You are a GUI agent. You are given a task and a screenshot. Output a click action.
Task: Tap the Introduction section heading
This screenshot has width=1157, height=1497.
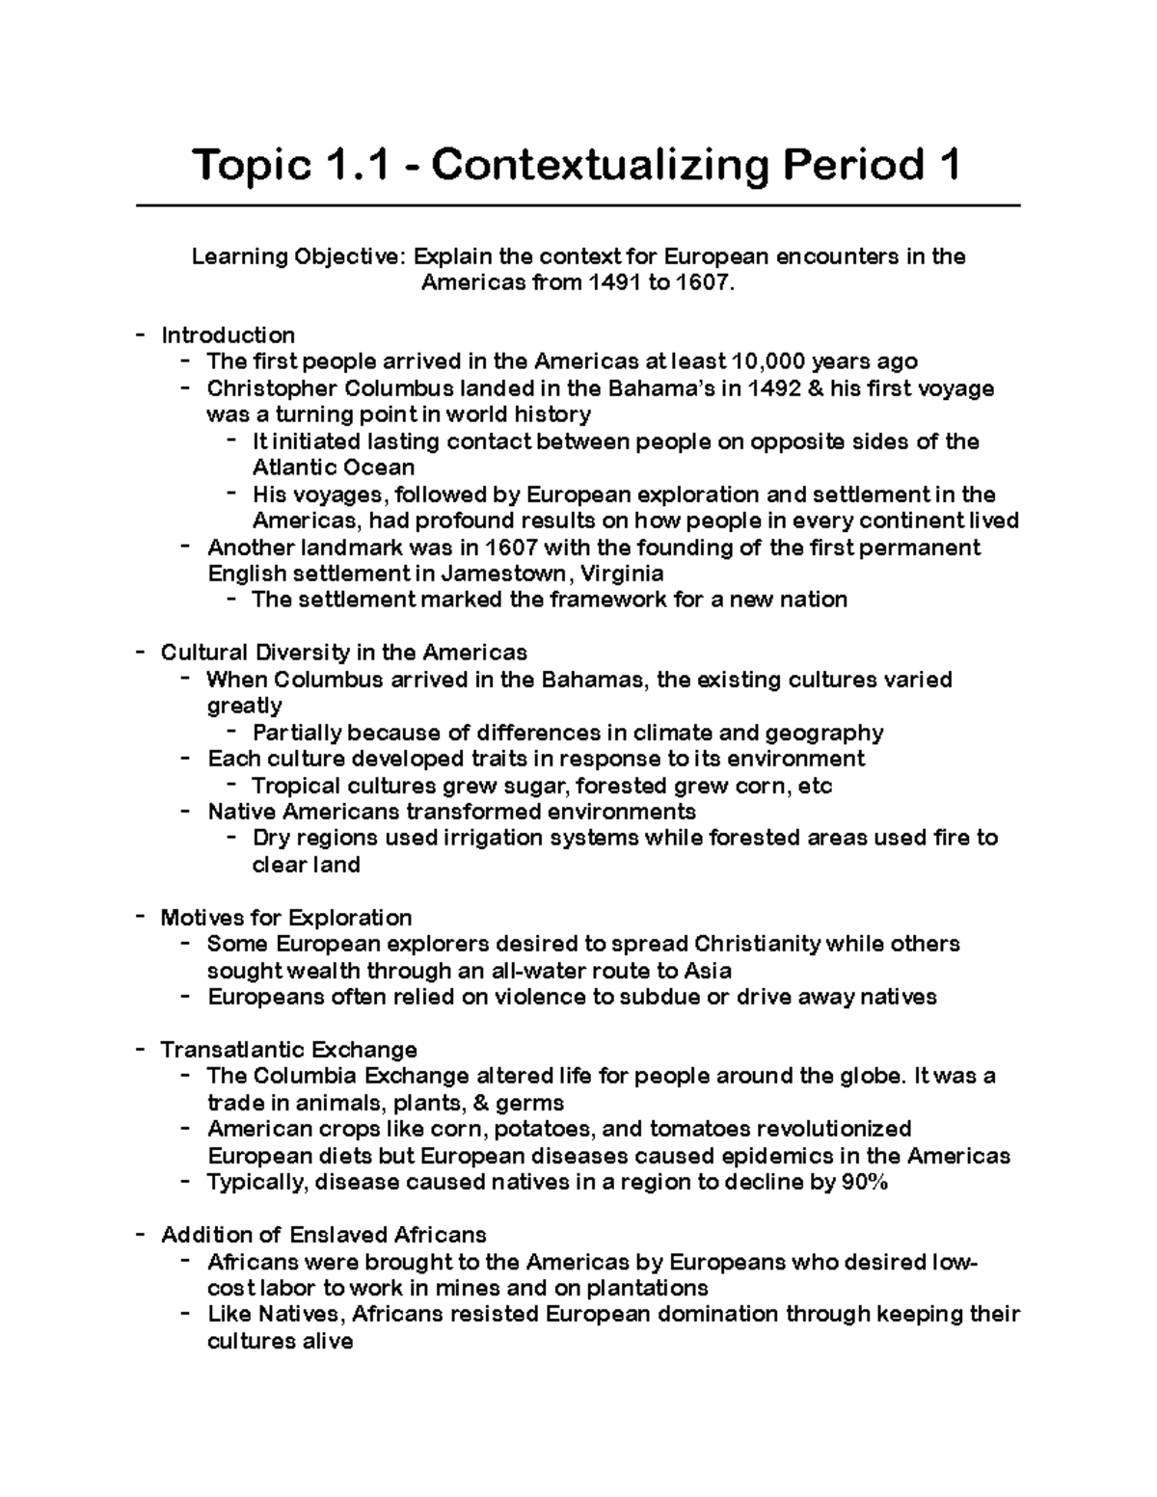[228, 335]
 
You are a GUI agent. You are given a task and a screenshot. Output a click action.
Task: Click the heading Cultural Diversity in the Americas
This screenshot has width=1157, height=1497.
[343, 653]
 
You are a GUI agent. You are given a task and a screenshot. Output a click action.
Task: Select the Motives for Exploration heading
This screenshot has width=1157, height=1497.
[285, 917]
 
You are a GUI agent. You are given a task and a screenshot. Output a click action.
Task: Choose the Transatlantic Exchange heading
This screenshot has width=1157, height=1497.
[288, 1050]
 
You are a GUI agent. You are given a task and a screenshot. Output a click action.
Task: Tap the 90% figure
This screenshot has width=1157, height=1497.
[864, 1182]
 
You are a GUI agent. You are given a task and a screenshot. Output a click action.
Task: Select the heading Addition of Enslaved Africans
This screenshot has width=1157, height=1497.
[323, 1235]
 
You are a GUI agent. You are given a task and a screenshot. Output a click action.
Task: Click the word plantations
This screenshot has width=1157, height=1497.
[647, 1288]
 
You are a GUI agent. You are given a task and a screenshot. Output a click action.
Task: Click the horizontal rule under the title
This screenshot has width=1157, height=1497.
[578, 205]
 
